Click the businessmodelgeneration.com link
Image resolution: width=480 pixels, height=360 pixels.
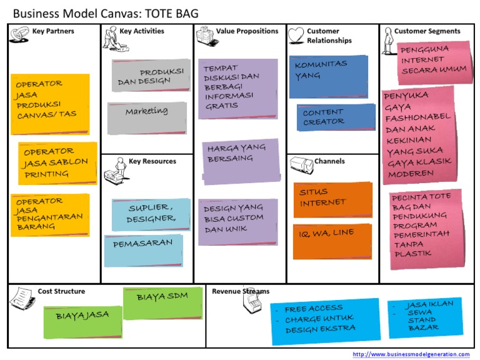click(411, 354)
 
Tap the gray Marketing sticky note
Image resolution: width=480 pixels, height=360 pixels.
click(147, 117)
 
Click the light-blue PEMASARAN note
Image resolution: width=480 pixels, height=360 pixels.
click(143, 249)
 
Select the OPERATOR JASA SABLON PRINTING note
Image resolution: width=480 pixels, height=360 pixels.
click(57, 163)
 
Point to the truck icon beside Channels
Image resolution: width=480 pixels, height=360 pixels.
click(301, 164)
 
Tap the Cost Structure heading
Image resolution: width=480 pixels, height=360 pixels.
click(61, 291)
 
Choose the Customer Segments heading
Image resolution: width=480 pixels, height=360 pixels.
click(427, 31)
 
